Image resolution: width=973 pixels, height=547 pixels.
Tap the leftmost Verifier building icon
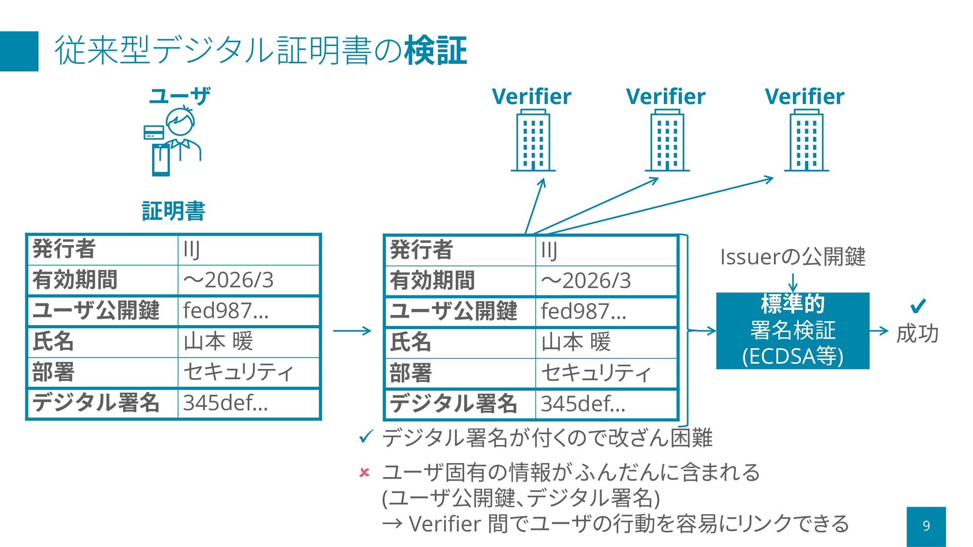tap(533, 142)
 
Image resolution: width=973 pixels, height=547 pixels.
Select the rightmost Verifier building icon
tap(806, 142)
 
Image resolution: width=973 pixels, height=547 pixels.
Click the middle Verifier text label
tap(665, 96)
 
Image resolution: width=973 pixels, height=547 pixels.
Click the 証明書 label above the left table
tap(173, 211)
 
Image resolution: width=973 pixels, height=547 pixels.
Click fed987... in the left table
tap(226, 310)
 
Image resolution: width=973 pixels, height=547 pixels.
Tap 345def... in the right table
tap(583, 404)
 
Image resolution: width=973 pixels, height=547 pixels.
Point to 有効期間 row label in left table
tap(75, 280)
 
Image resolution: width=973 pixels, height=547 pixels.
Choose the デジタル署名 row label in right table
tap(454, 404)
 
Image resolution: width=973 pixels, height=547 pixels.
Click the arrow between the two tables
tap(352, 331)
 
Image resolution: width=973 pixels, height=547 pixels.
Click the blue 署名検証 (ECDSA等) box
tap(793, 331)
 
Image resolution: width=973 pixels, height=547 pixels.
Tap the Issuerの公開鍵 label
tap(793, 257)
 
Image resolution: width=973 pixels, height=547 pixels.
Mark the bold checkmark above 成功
tap(918, 306)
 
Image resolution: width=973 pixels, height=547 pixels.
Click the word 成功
tap(917, 334)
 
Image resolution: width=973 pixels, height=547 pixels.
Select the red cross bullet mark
tap(364, 473)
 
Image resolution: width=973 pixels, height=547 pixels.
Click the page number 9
tap(926, 526)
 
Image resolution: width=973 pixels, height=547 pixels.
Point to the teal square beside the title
tap(19, 51)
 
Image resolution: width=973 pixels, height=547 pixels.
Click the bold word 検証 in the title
tap(435, 51)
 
